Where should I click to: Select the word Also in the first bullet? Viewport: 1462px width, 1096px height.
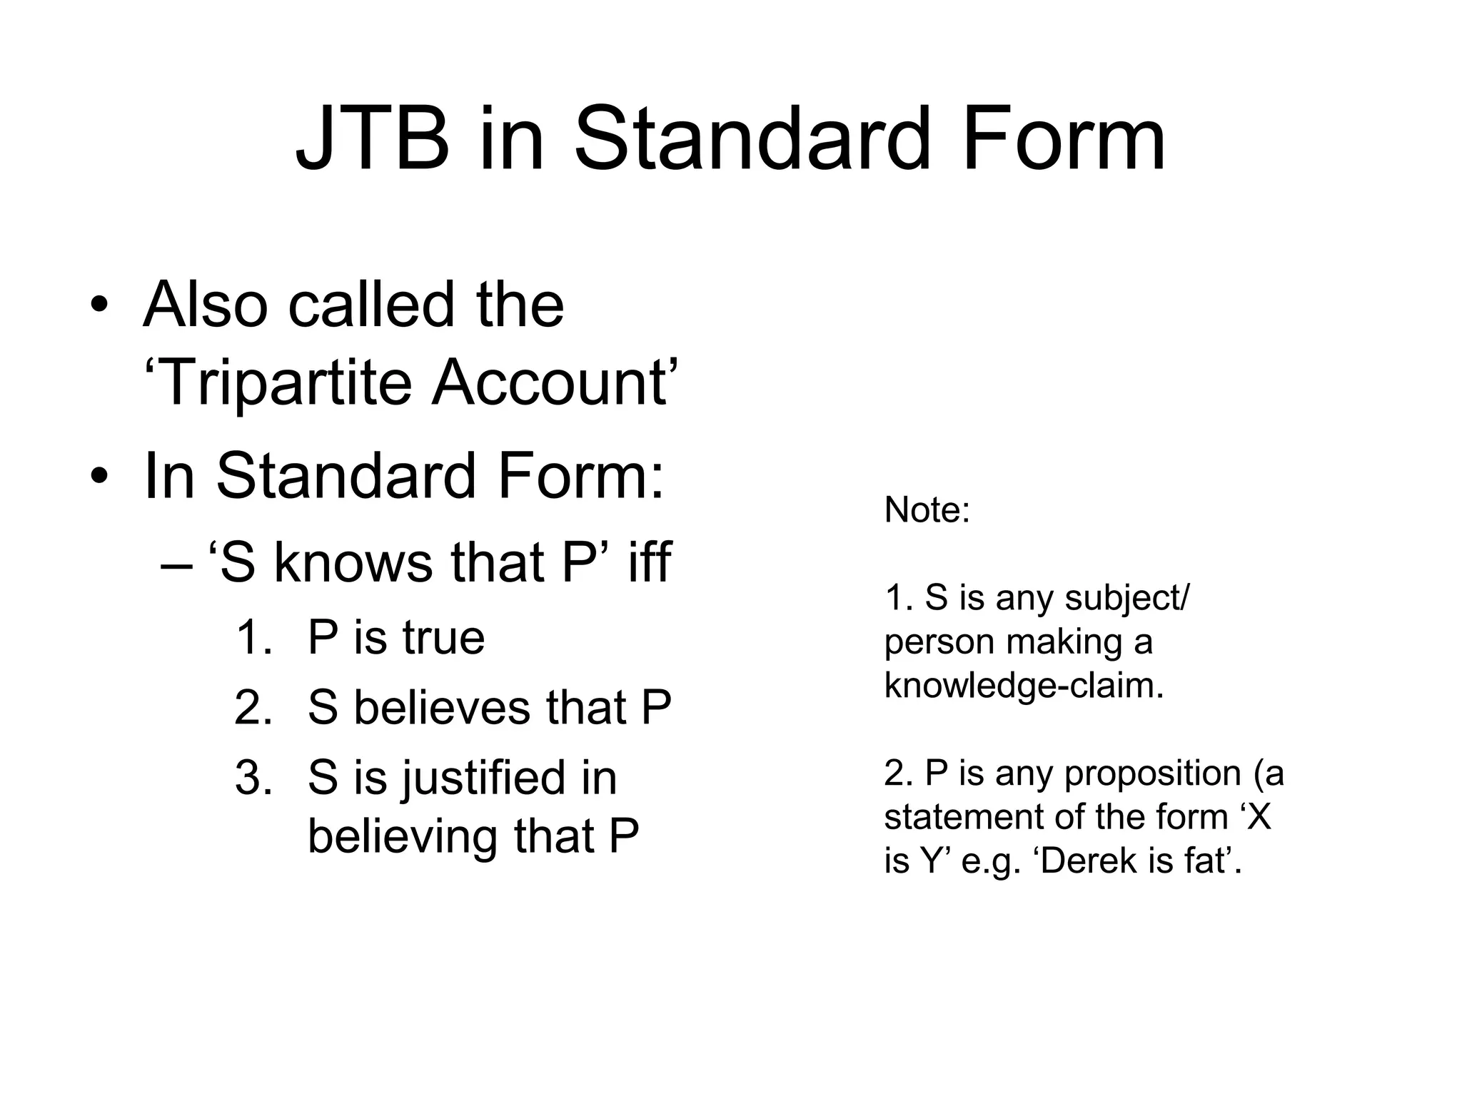(x=206, y=305)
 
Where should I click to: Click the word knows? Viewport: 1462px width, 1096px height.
(x=353, y=562)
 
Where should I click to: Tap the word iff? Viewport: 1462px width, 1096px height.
(x=649, y=562)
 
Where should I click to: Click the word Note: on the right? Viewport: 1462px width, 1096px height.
(x=927, y=510)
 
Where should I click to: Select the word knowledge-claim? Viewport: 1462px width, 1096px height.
(x=1024, y=686)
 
